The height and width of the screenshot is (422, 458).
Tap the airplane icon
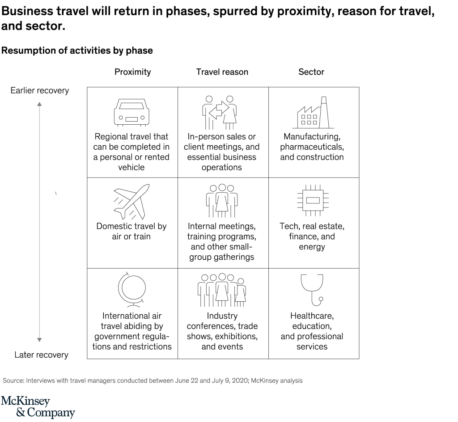pos(131,201)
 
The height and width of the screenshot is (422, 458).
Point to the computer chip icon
pos(312,200)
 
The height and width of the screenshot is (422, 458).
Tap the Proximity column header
pos(132,72)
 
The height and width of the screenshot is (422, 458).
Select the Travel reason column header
pos(222,72)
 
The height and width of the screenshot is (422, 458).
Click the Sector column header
pos(311,72)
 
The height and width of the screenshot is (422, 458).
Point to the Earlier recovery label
pos(40,91)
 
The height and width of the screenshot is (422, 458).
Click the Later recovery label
pos(41,355)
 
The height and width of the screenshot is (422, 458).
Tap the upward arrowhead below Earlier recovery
pos(39,104)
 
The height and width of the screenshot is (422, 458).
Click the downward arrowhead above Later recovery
pos(39,340)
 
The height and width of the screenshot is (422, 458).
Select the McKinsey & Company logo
pos(38,406)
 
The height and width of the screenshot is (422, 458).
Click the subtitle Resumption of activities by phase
pos(77,51)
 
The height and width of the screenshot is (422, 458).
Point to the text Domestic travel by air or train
pos(131,231)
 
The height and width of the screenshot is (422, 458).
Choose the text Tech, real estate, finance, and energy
pos(312,236)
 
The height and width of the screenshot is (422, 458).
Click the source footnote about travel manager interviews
pos(153,381)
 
